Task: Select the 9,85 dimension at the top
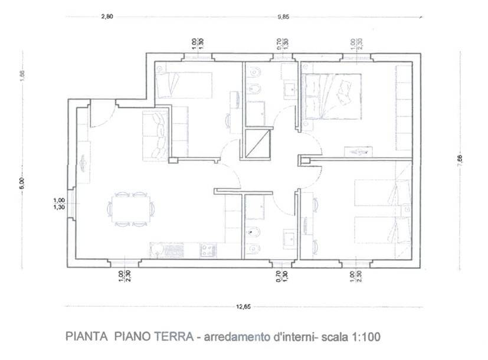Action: click(x=283, y=17)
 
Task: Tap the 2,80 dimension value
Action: click(x=107, y=17)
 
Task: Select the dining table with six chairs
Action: click(x=131, y=209)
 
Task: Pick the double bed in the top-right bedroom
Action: click(x=331, y=97)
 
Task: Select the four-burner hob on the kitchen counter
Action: click(x=208, y=250)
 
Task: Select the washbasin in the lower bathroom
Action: click(x=289, y=239)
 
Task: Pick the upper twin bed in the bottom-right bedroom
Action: click(x=382, y=193)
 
